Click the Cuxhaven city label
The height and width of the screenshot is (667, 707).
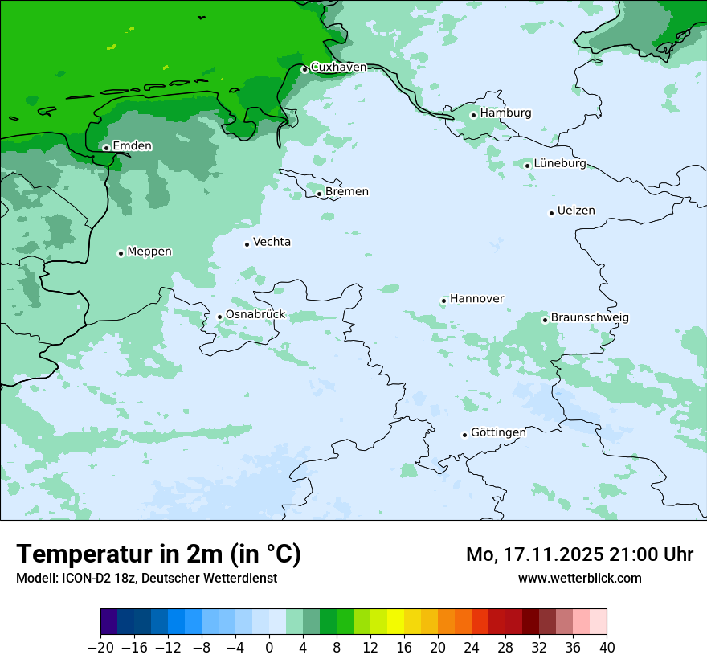338,68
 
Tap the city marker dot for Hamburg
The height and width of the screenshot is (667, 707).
474,115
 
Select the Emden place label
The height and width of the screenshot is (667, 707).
132,145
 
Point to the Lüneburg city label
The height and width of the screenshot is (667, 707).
560,163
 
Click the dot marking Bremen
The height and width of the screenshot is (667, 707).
319,194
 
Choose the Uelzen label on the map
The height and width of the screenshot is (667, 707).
576,211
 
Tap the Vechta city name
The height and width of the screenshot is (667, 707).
272,242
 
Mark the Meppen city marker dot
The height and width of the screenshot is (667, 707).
121,253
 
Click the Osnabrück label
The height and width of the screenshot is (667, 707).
255,314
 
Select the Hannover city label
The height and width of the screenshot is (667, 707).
476,299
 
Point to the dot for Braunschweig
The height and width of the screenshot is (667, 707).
545,320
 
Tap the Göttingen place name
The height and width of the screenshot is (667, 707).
498,432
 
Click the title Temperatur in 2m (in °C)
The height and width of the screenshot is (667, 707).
158,554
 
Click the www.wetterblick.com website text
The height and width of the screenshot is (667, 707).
579,578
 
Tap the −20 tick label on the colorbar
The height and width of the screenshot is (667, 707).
101,648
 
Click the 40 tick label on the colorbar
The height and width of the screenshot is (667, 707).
607,648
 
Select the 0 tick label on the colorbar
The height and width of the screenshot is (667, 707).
269,648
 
